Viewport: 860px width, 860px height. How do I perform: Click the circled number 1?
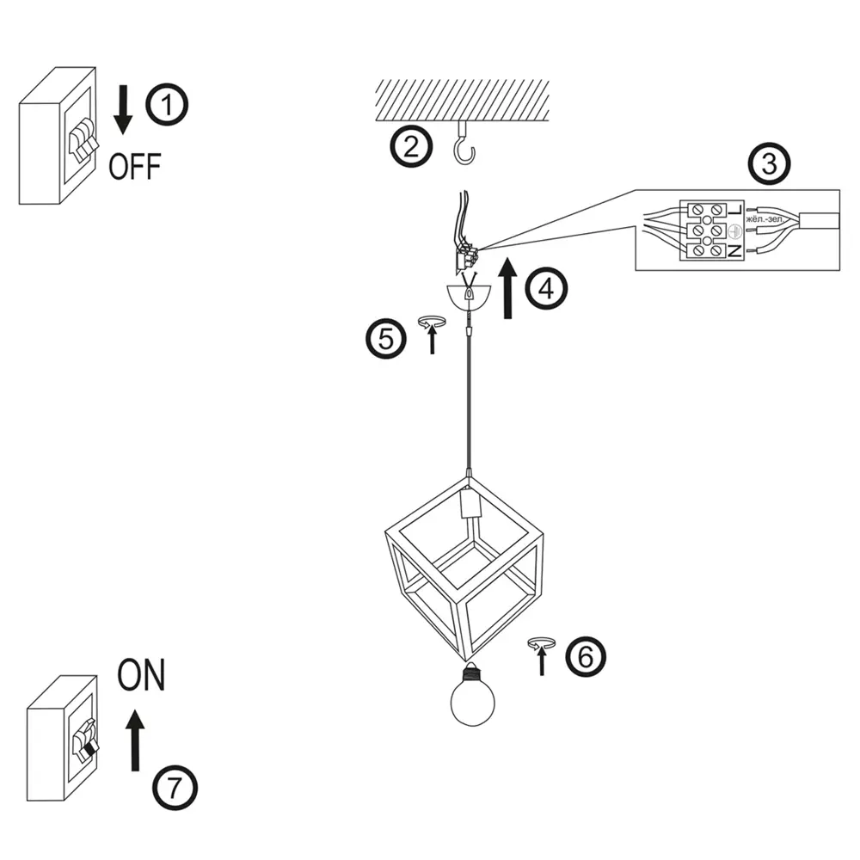tap(167, 104)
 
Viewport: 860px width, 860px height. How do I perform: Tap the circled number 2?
tap(411, 145)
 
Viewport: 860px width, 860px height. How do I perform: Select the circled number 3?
tap(770, 163)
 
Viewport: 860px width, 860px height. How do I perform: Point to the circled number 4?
tap(546, 289)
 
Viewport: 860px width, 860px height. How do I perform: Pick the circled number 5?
tap(386, 338)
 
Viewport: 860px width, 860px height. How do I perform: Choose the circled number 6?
tap(586, 656)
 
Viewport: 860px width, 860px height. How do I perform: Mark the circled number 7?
tap(175, 788)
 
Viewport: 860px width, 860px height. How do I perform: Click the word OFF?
tap(135, 167)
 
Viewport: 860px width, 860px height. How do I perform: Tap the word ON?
tap(141, 674)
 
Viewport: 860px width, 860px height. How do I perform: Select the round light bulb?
tap(472, 695)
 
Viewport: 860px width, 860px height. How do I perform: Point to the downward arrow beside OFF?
tap(123, 110)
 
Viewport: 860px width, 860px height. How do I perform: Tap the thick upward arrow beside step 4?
tap(508, 287)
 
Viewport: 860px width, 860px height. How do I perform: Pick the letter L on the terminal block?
tap(735, 209)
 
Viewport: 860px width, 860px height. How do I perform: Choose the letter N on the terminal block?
tap(735, 251)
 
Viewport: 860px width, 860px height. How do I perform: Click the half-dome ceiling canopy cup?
tap(468, 297)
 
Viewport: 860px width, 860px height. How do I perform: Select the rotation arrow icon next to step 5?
tap(433, 335)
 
